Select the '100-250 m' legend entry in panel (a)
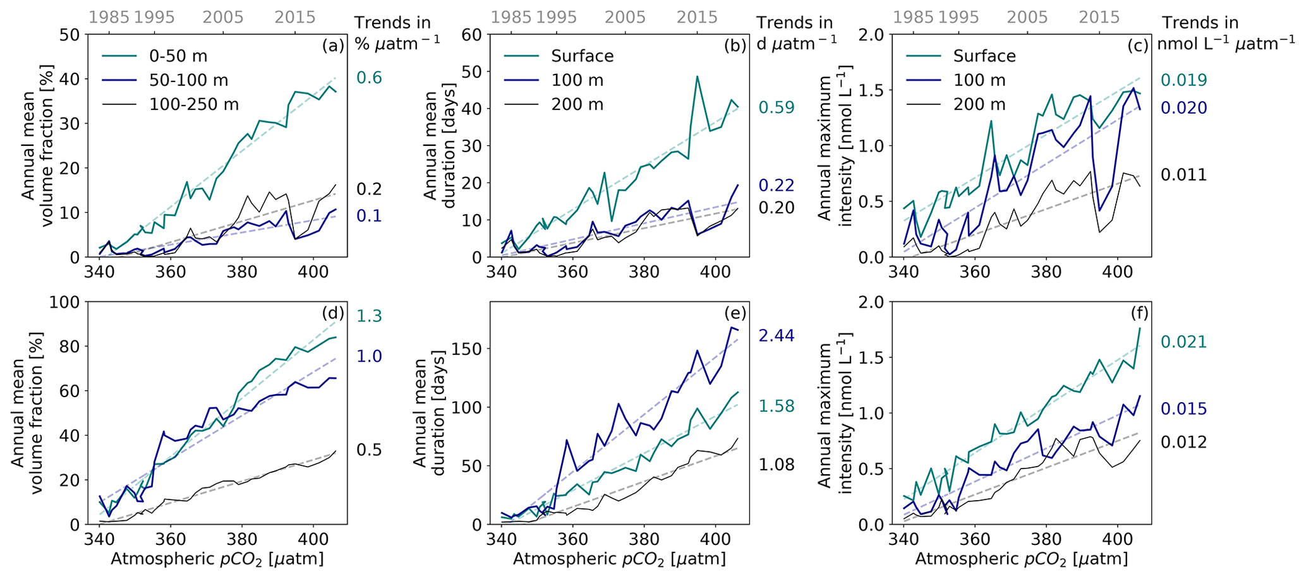click(x=194, y=104)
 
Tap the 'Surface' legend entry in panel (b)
click(x=582, y=56)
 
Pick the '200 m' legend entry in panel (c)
click(x=979, y=104)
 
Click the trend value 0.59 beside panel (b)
click(x=776, y=108)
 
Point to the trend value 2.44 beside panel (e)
click(x=776, y=335)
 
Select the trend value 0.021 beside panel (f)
click(x=1183, y=342)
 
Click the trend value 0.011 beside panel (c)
click(x=1183, y=175)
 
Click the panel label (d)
click(x=332, y=313)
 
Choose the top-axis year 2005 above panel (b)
click(x=626, y=17)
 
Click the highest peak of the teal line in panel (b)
click(x=697, y=77)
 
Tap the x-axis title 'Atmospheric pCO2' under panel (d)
click(x=217, y=559)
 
